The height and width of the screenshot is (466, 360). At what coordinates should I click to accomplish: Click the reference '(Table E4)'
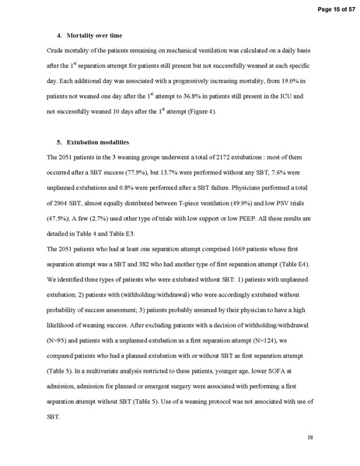[282, 260]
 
